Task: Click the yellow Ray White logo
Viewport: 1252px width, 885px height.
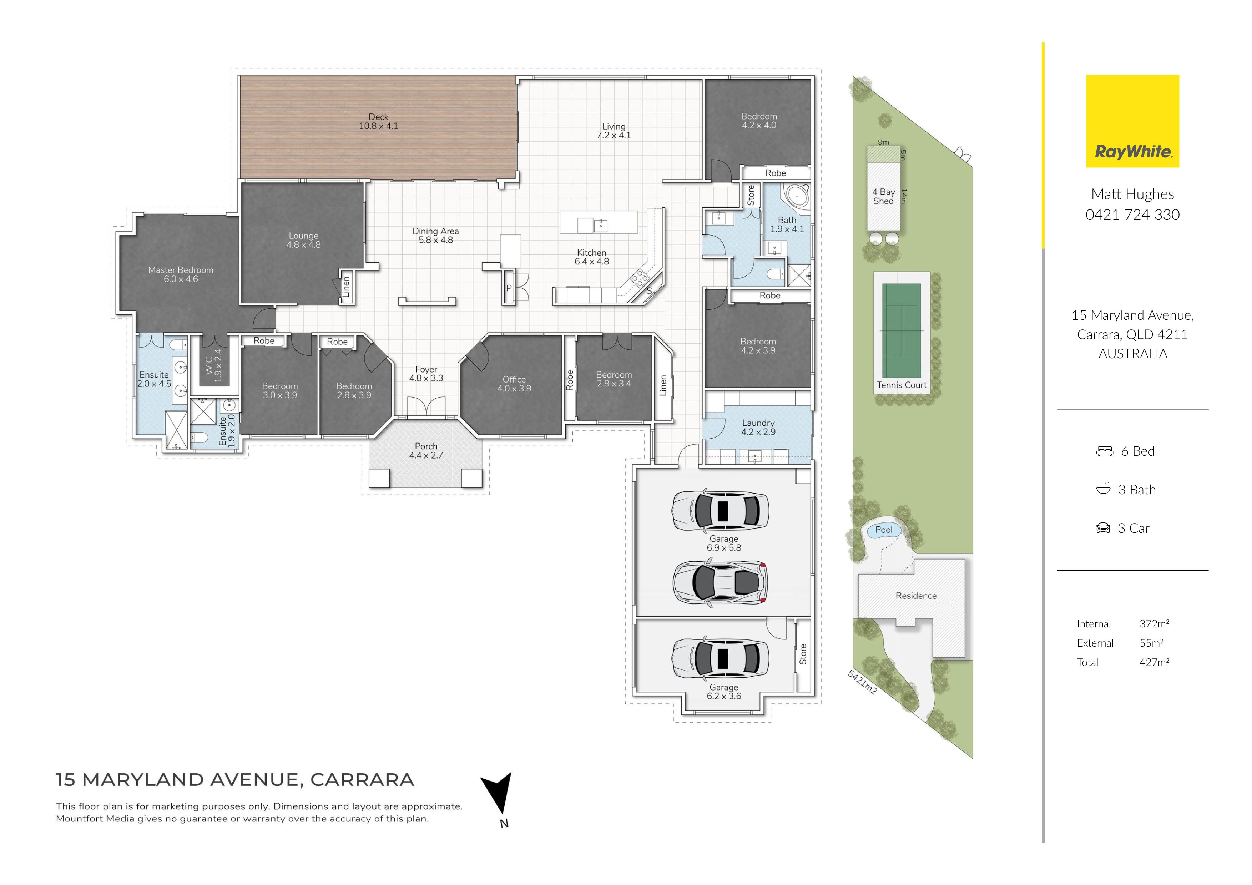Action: pos(1132,121)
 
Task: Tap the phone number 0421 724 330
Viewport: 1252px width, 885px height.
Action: pos(1132,215)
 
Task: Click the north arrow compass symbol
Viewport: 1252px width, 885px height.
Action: pos(497,795)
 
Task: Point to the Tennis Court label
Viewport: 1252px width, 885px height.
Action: pos(902,385)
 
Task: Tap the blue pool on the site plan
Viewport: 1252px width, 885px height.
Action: pos(883,530)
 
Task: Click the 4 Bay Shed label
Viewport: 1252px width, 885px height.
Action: pos(883,196)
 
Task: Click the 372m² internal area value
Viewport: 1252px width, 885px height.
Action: pos(1155,624)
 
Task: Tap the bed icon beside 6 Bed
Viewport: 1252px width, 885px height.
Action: pos(1105,451)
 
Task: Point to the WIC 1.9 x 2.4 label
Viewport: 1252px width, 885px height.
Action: pos(213,365)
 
